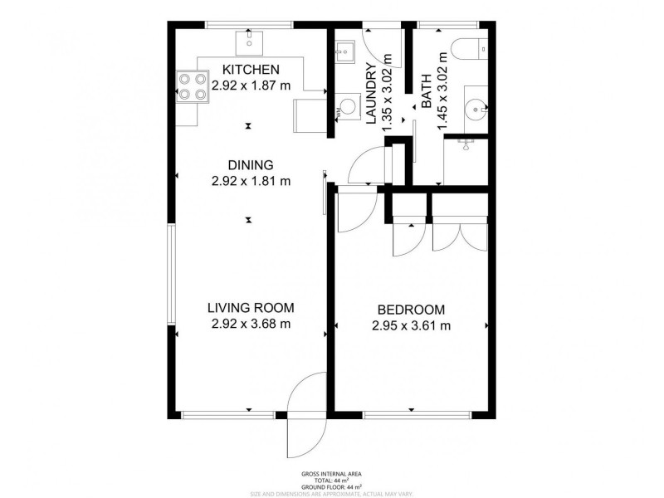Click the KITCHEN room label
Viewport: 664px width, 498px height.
[251, 70]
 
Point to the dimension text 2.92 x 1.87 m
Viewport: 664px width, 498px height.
[251, 85]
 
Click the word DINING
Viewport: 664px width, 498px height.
[251, 164]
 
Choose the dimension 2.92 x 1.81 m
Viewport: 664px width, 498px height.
[251, 180]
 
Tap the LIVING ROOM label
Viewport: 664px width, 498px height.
[251, 308]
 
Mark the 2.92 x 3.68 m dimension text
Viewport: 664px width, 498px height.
[251, 325]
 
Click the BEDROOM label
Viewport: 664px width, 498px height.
[412, 309]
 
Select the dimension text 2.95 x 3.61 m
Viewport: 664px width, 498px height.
[412, 325]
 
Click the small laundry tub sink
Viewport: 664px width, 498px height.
[342, 52]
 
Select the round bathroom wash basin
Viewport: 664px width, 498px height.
[475, 108]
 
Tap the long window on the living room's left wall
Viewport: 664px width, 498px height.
[171, 274]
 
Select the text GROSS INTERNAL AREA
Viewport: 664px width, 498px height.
[331, 474]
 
